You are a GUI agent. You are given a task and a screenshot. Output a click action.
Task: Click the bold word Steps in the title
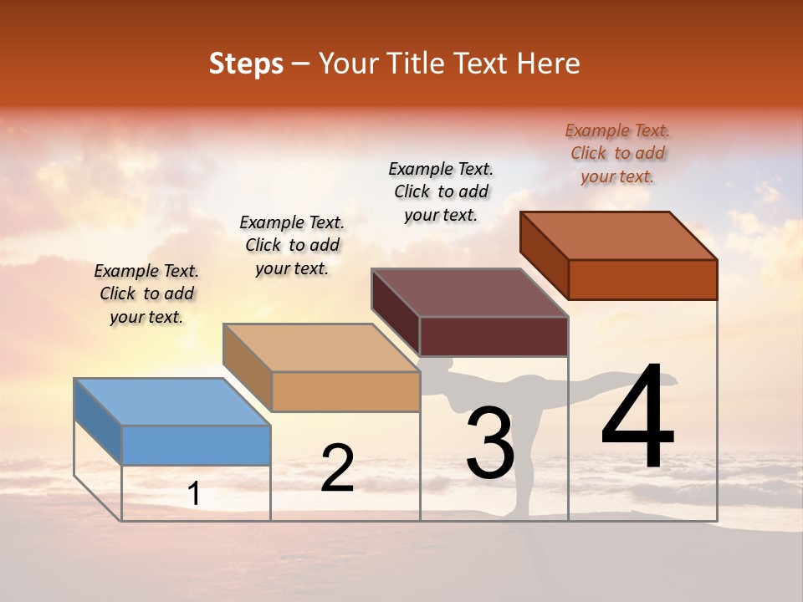[246, 64]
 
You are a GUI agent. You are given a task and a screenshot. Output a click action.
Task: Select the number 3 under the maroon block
[490, 442]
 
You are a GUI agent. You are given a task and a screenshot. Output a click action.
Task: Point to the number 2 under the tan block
[337, 468]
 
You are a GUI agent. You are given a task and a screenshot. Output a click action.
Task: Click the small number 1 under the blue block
[194, 494]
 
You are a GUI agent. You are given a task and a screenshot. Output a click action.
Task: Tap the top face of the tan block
[321, 347]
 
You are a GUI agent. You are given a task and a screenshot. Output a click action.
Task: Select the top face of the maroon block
[470, 292]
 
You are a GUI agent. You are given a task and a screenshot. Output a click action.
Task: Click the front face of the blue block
[196, 445]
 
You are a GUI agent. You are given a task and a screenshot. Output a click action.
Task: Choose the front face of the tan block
[345, 391]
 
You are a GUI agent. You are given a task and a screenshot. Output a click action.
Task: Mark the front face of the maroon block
[494, 336]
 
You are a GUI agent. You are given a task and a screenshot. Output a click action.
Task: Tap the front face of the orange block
[642, 279]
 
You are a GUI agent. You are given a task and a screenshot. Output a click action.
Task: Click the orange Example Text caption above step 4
[617, 153]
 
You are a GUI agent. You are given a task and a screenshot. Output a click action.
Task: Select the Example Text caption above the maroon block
[441, 191]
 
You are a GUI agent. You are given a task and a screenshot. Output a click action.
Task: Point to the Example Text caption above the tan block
[292, 245]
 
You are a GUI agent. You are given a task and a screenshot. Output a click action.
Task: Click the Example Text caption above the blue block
[146, 293]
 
